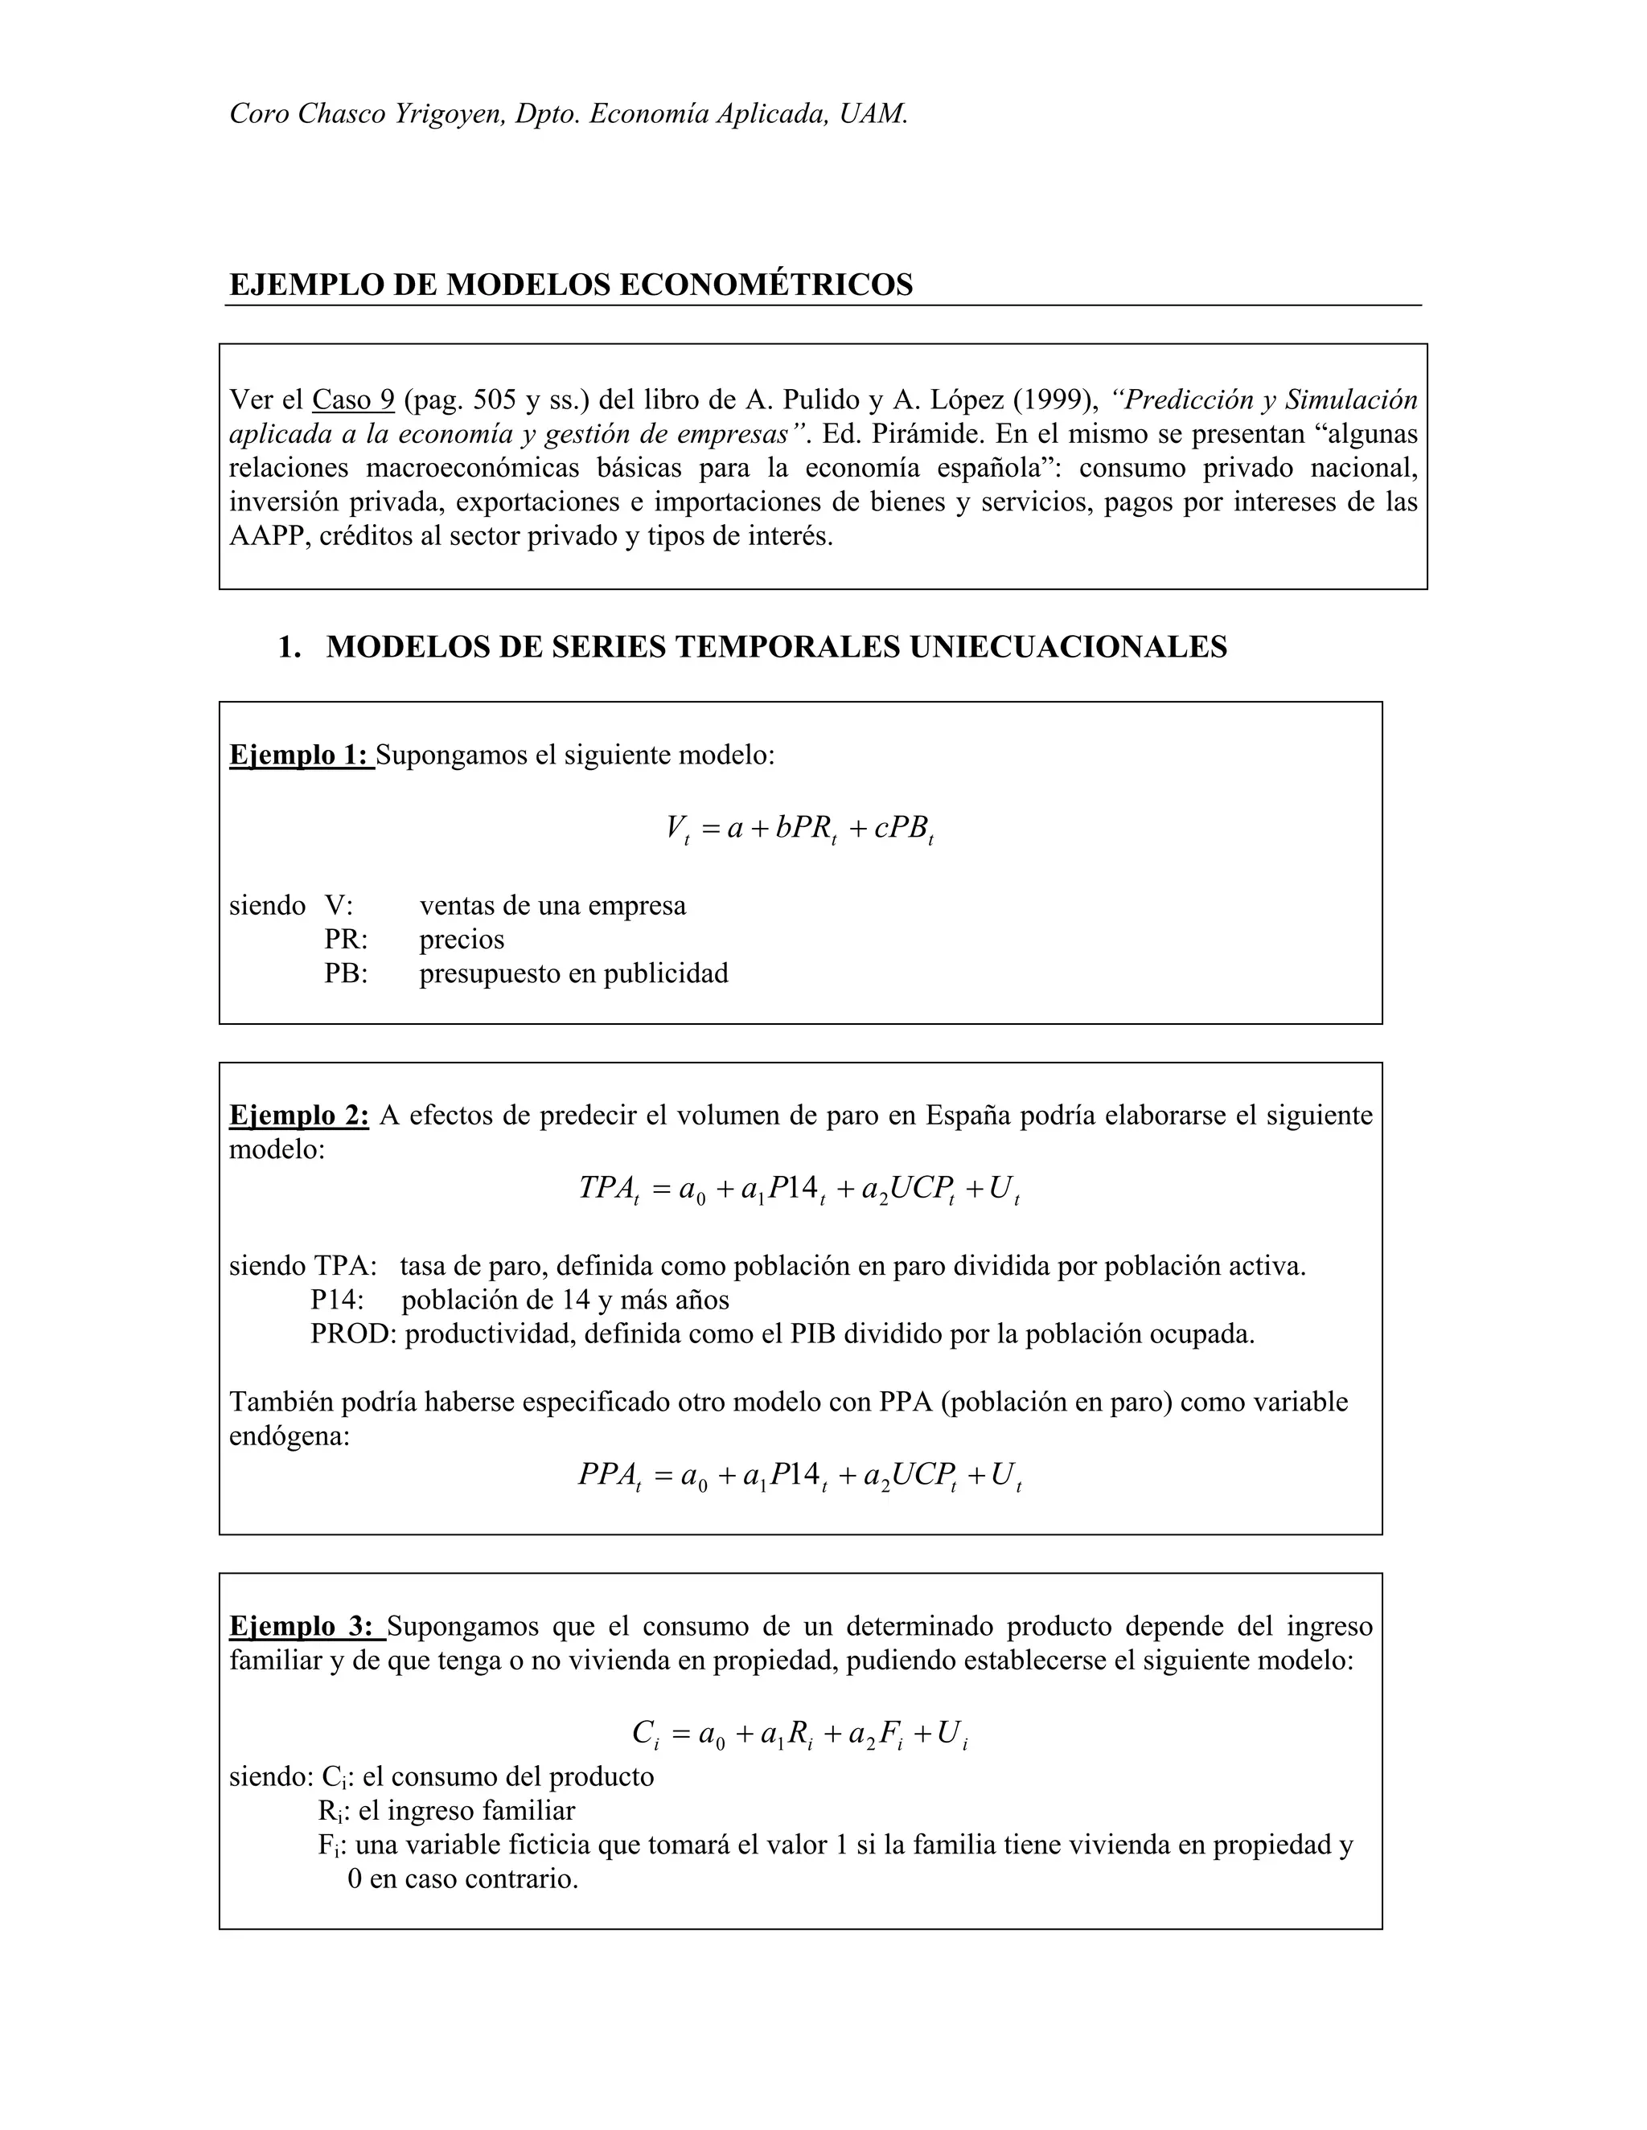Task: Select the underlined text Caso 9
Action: pyautogui.click(x=353, y=399)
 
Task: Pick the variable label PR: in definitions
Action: pyautogui.click(x=347, y=939)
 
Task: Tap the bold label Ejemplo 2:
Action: pyautogui.click(x=298, y=1115)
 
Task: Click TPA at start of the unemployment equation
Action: pyautogui.click(x=605, y=1188)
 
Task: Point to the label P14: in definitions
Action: pyautogui.click(x=338, y=1299)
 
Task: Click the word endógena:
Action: pyautogui.click(x=289, y=1436)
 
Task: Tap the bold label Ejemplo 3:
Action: pyautogui.click(x=306, y=1626)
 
